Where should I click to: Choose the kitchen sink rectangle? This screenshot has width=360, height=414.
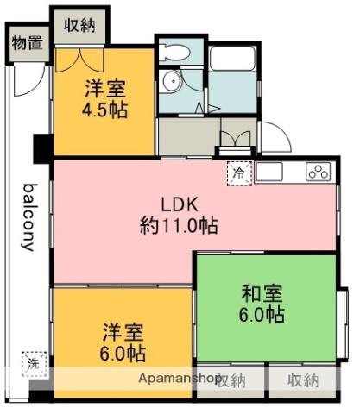[x=268, y=171]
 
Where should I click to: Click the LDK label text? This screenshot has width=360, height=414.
[x=180, y=204]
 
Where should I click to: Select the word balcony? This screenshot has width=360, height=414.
[x=29, y=216]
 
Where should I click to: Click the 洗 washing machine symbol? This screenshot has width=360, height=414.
[x=31, y=363]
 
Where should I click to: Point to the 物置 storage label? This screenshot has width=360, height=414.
[x=26, y=42]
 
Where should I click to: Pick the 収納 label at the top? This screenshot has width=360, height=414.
[x=79, y=26]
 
